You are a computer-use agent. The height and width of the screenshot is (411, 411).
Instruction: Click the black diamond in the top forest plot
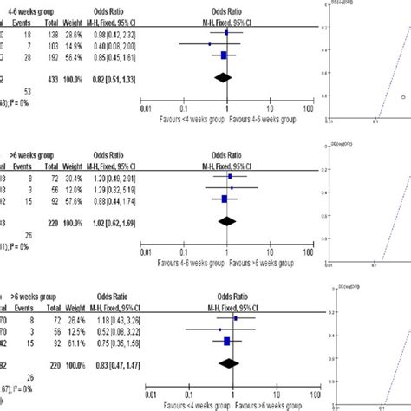224,76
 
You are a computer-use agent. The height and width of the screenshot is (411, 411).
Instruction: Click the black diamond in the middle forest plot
227,220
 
